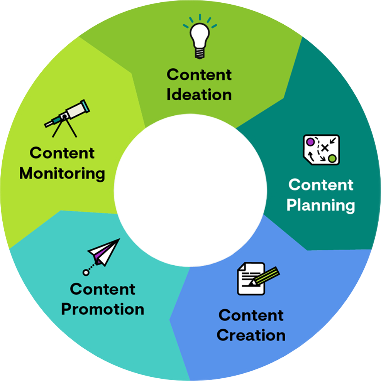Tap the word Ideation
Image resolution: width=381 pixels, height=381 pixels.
199,94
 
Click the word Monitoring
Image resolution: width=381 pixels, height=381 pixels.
62,174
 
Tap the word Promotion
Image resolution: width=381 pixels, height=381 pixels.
103,309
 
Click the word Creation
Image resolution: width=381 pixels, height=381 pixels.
251,335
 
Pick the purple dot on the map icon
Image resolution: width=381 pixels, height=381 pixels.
310,142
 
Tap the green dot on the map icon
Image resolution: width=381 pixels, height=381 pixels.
332,158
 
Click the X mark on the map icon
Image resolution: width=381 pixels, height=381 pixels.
325,147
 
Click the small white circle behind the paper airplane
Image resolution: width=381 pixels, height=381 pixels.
86,272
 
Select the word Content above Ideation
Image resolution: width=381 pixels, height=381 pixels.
199,74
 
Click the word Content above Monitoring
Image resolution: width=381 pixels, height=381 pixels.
62,153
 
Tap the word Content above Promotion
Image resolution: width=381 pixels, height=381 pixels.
103,289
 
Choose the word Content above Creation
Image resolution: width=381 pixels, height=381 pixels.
251,315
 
